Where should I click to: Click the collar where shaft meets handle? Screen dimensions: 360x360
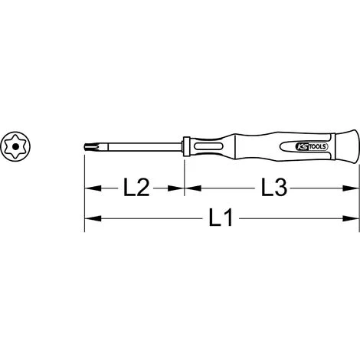point(186,145)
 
